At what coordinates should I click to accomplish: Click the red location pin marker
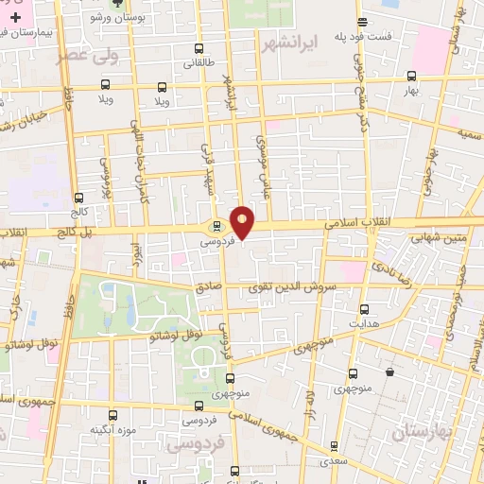243,220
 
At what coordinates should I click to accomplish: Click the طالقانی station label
199,64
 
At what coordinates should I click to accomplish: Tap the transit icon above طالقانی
199,49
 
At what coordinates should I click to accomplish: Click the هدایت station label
364,323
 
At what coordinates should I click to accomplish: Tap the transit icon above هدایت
364,309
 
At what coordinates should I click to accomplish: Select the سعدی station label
332,462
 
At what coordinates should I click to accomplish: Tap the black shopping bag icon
389,373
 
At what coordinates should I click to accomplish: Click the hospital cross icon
15,17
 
